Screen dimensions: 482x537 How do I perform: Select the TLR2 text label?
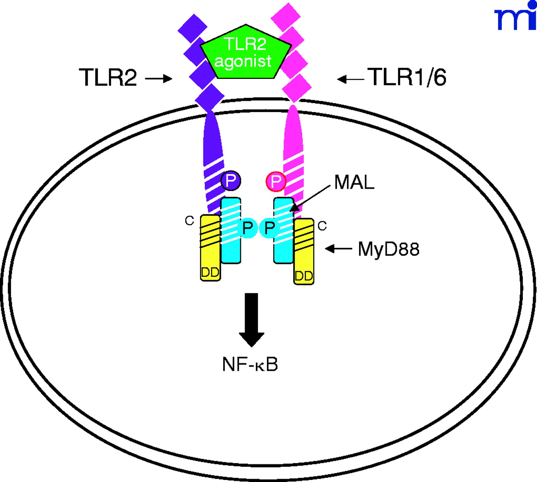click(108, 78)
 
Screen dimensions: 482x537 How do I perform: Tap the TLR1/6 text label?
click(407, 77)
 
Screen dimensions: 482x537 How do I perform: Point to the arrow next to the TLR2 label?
click(159, 78)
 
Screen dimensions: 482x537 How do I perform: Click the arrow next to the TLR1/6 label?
click(350, 78)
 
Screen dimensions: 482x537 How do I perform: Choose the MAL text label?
click(354, 182)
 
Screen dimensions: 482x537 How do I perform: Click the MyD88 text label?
click(388, 249)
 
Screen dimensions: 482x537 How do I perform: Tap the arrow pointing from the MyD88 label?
click(339, 249)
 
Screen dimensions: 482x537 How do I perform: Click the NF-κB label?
click(250, 364)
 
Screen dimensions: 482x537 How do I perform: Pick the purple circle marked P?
click(230, 181)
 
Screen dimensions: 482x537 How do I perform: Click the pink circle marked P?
click(276, 181)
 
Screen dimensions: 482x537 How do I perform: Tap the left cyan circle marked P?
click(248, 228)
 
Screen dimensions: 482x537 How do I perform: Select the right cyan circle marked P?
click(269, 228)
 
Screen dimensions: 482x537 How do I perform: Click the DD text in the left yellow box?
click(210, 273)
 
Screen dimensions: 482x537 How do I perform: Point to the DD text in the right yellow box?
click(304, 276)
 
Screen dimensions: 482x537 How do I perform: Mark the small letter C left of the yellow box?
click(189, 221)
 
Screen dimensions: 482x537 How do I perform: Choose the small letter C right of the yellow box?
click(322, 226)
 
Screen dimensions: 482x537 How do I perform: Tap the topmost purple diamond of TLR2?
click(193, 28)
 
